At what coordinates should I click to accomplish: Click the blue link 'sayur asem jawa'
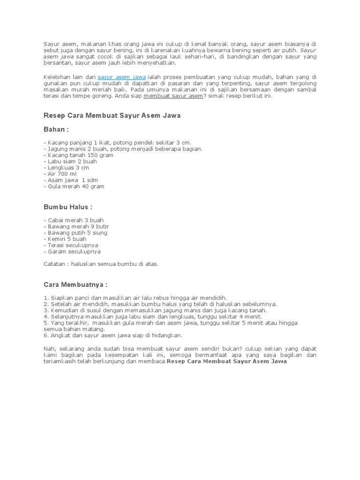coord(121,76)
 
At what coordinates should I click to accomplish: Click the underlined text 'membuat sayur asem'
coord(173,96)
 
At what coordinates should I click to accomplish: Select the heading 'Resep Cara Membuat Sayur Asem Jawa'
coord(112,115)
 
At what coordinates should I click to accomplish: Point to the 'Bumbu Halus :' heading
coord(68,207)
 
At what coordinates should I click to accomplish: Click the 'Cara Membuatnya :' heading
coord(75,285)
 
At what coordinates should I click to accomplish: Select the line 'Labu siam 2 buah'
coord(71,161)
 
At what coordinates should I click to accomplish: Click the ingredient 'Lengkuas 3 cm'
coord(67,167)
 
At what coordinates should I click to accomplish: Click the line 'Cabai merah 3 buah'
coord(75,220)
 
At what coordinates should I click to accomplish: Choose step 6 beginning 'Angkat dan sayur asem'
coord(113,335)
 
